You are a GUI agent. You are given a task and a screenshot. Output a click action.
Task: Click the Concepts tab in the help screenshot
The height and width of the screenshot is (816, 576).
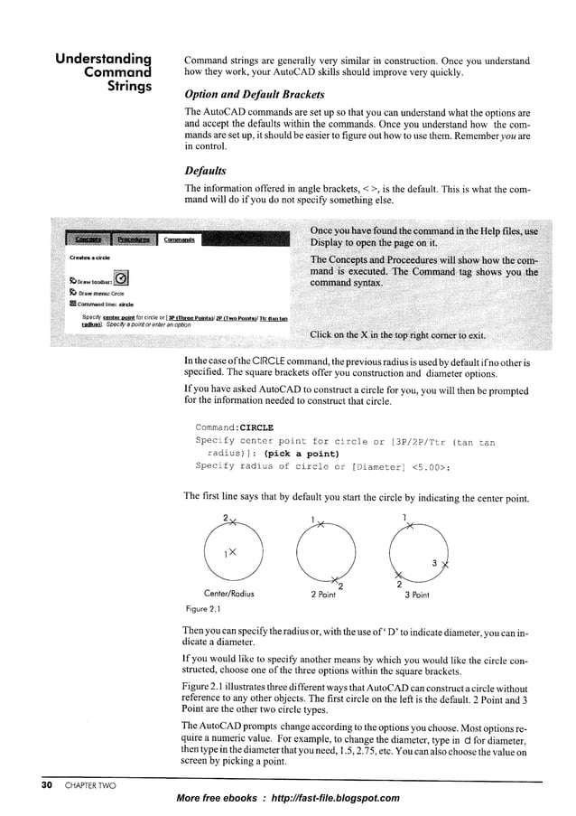[88, 239]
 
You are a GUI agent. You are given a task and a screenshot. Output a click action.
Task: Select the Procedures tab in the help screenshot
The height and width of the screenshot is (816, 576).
[132, 239]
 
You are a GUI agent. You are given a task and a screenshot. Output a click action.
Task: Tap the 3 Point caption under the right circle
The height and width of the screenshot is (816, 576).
[412, 595]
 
